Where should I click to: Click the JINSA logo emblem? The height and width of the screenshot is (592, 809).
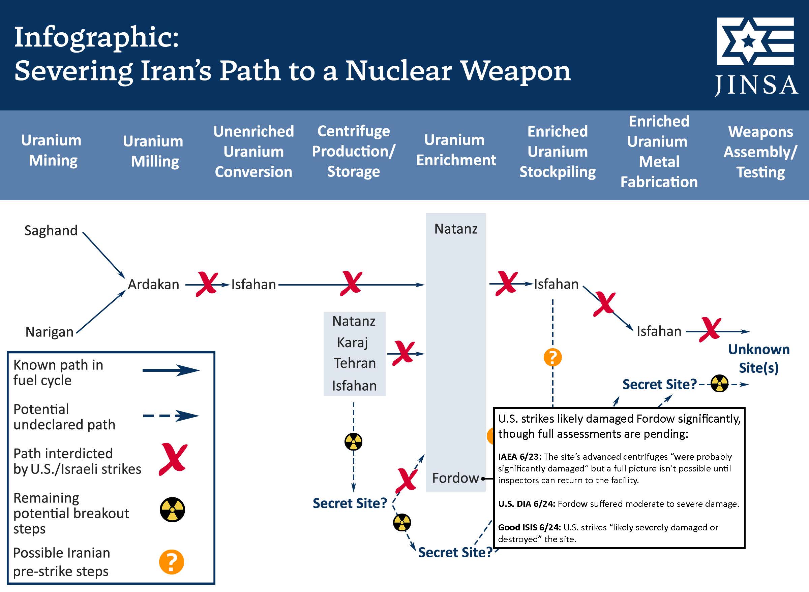pyautogui.click(x=755, y=41)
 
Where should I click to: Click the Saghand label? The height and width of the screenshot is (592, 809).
pyautogui.click(x=51, y=230)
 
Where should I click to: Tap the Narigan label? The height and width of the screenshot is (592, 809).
pyautogui.click(x=50, y=332)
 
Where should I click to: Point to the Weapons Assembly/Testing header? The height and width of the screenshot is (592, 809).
pyautogui.click(x=760, y=152)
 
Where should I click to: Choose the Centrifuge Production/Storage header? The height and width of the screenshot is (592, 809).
pyautogui.click(x=353, y=151)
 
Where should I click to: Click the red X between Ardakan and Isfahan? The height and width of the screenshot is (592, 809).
pyautogui.click(x=207, y=284)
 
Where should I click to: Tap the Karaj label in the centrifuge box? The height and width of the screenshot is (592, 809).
pyautogui.click(x=353, y=342)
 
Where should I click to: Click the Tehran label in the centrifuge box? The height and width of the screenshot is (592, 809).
pyautogui.click(x=355, y=363)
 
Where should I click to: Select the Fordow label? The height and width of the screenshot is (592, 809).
pyautogui.click(x=455, y=478)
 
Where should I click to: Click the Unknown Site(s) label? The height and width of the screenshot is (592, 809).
pyautogui.click(x=759, y=358)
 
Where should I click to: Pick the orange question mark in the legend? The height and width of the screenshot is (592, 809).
pyautogui.click(x=172, y=562)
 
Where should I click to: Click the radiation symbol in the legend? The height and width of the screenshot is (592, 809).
pyautogui.click(x=172, y=509)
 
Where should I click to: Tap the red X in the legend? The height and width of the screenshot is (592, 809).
pyautogui.click(x=173, y=459)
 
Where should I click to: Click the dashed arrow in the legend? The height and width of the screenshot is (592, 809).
pyautogui.click(x=171, y=416)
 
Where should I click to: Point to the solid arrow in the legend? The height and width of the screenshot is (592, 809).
pyautogui.click(x=171, y=370)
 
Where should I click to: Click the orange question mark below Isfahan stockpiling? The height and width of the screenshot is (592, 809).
pyautogui.click(x=552, y=357)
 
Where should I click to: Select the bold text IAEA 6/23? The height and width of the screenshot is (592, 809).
pyautogui.click(x=519, y=457)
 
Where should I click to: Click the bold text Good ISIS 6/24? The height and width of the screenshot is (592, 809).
pyautogui.click(x=529, y=527)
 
